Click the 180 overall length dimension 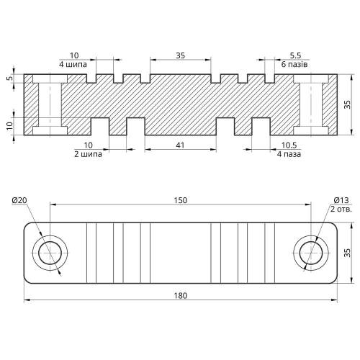(x=180, y=296)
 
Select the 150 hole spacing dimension (x=181, y=200)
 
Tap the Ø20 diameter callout (x=19, y=200)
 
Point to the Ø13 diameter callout (x=341, y=200)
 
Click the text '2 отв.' (x=341, y=210)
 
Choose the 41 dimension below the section (x=180, y=145)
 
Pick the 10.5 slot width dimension (x=289, y=145)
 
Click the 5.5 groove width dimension (x=295, y=55)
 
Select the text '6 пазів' (x=294, y=65)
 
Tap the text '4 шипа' (x=73, y=65)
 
